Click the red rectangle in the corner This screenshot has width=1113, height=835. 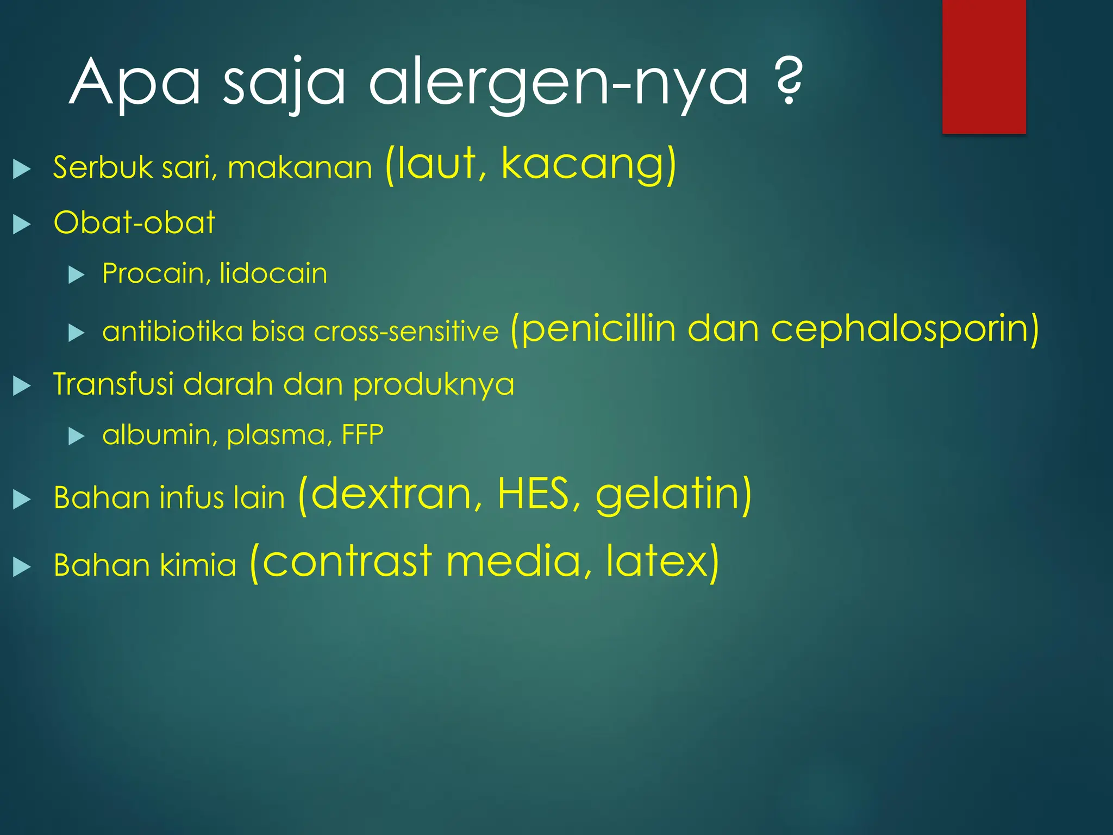[984, 66]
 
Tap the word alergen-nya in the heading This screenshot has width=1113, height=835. [558, 84]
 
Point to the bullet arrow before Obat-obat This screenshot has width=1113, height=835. [22, 224]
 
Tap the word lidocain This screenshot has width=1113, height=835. [273, 273]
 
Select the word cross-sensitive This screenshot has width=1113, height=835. [406, 332]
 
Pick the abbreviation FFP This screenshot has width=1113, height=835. [362, 435]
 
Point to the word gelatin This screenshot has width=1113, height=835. [667, 495]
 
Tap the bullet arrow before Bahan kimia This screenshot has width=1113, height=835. [22, 567]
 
